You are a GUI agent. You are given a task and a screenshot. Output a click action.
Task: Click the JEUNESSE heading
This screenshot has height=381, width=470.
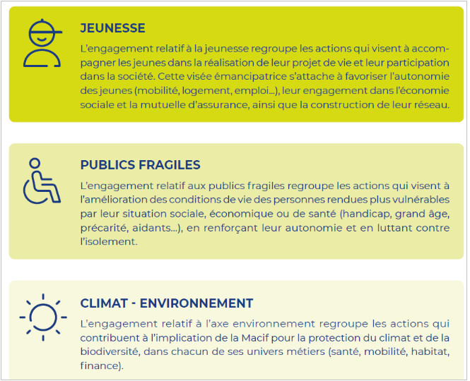tap(112, 28)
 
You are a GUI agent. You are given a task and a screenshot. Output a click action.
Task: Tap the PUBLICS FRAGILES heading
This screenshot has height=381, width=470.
tap(140, 165)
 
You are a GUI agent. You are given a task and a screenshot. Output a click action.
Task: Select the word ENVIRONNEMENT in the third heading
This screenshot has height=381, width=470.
tap(196, 303)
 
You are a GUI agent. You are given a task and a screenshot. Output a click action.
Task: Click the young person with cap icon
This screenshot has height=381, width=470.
tap(42, 43)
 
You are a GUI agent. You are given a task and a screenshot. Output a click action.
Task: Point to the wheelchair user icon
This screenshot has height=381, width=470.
tap(42, 181)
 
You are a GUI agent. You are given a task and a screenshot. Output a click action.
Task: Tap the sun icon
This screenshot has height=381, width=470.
tap(43, 317)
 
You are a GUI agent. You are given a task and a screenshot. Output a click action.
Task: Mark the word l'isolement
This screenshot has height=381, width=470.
tap(109, 241)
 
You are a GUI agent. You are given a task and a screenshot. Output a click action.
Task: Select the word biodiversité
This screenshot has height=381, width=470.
tap(110, 351)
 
